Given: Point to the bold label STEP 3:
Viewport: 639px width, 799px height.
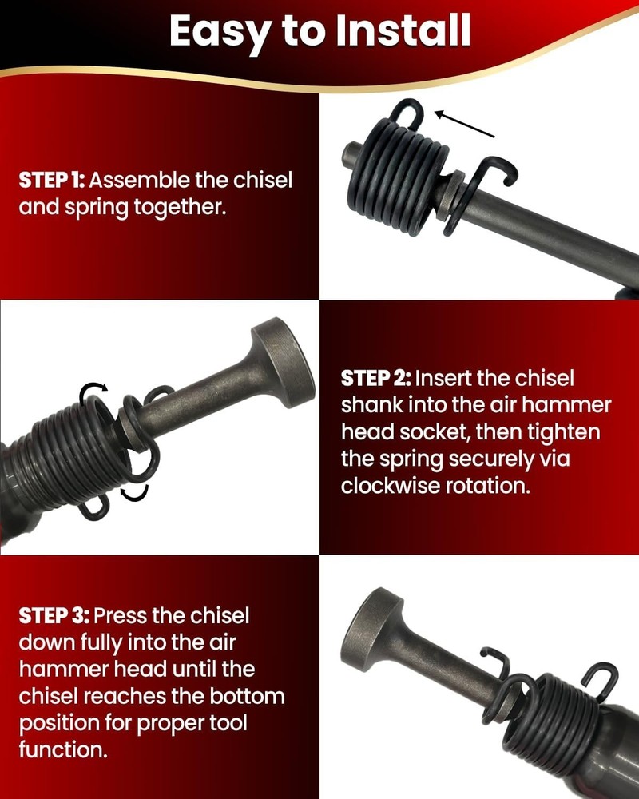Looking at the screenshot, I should point(54,616).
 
